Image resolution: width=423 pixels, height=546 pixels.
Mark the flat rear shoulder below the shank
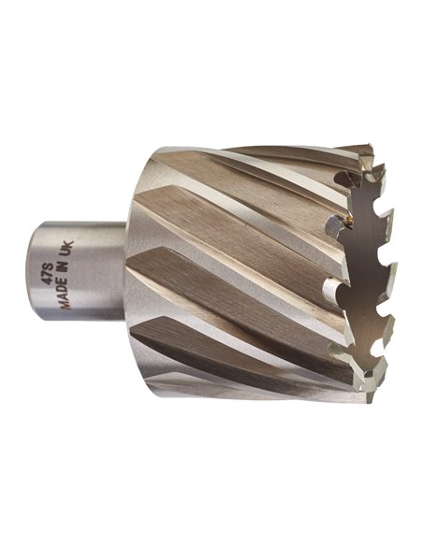pos(136,355)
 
